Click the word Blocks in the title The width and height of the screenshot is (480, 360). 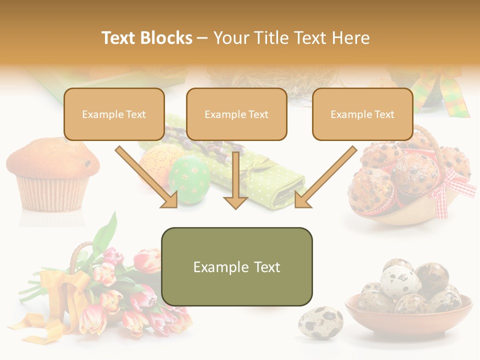point(167,38)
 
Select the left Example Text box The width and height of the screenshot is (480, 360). point(114,114)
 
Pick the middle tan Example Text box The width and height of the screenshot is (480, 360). point(236,114)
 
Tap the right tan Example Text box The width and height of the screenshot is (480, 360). point(362,114)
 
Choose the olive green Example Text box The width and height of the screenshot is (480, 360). point(236,267)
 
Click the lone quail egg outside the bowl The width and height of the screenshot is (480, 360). point(320,323)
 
